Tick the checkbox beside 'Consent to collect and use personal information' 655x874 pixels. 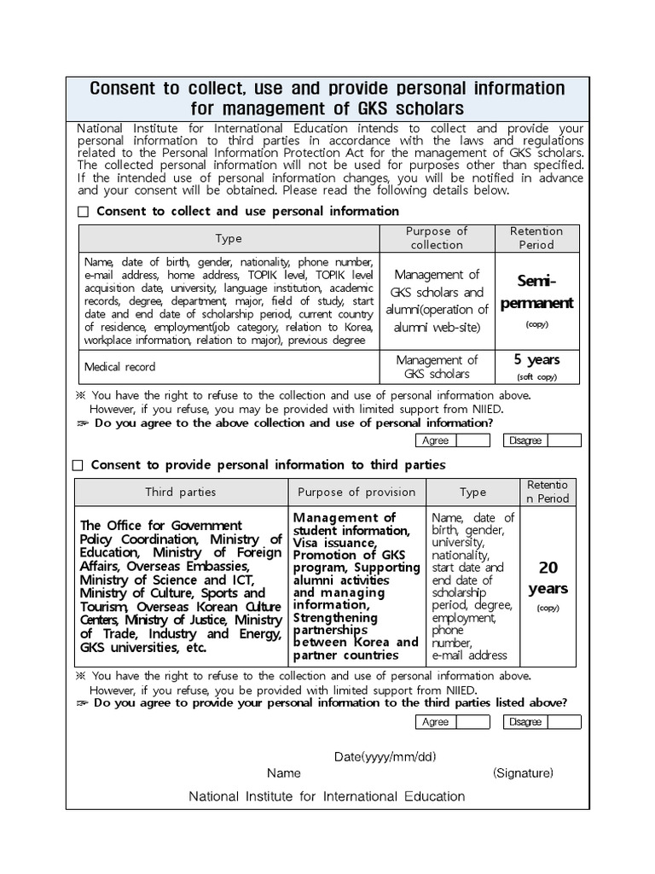coord(83,212)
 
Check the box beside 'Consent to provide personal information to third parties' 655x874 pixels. coord(78,465)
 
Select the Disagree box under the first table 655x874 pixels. coord(564,440)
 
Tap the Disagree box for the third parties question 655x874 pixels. coord(564,722)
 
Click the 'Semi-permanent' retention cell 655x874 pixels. coord(536,292)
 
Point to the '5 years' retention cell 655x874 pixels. coord(536,366)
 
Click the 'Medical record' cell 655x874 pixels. coord(120,367)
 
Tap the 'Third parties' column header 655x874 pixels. coord(180,492)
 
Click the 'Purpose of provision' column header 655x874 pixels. coord(356,492)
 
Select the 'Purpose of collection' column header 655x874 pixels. coord(437,238)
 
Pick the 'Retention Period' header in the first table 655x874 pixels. coord(536,238)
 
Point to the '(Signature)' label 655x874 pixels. coord(523,773)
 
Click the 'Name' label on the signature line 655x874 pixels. coord(284,773)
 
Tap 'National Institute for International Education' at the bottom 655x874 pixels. coord(327,796)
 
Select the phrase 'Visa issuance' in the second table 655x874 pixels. coord(333,543)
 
